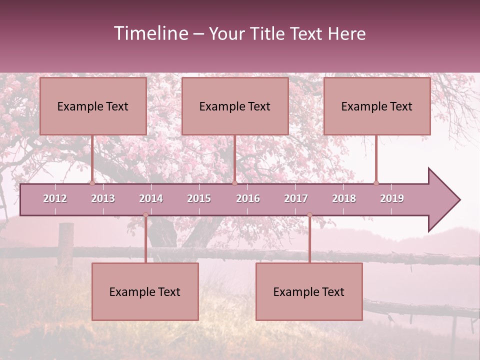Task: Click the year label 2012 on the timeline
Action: (55, 198)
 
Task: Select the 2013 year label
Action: (103, 198)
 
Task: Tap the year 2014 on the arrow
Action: (151, 198)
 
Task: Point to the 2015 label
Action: (199, 198)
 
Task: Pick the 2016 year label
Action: (248, 198)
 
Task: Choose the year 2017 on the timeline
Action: (296, 198)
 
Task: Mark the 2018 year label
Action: (344, 198)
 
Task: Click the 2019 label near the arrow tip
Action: (392, 198)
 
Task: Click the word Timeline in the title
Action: (150, 33)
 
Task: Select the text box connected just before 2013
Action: (93, 106)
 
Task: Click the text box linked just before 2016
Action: (235, 106)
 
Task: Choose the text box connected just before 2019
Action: (377, 106)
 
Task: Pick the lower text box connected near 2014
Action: (145, 291)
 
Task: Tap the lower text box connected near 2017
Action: (309, 291)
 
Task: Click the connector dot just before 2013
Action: (92, 183)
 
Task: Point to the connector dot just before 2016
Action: (234, 183)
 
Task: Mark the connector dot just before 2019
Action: (376, 183)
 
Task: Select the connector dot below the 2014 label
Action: (145, 214)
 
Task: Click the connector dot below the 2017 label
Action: (309, 214)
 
